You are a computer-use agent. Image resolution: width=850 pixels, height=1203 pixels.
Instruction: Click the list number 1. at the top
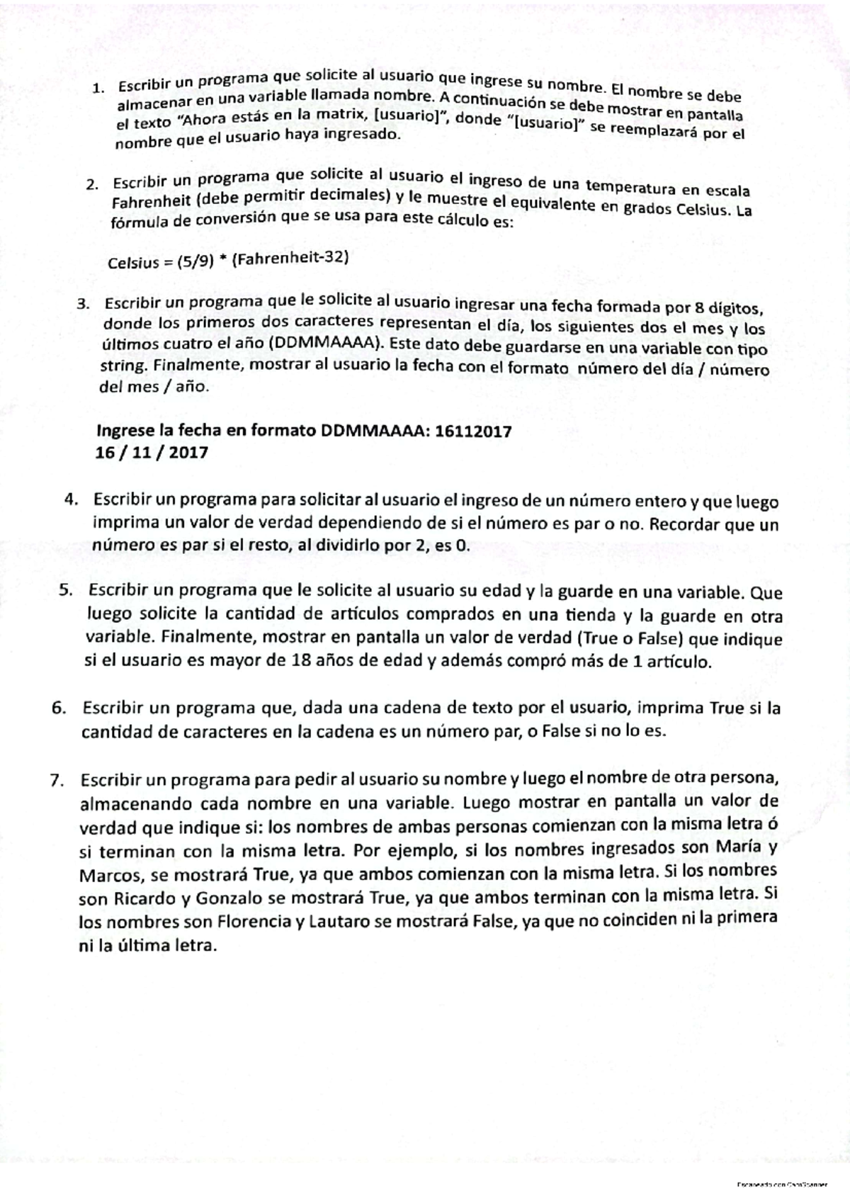(98, 89)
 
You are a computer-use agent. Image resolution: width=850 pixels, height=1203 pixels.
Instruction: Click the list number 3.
(84, 304)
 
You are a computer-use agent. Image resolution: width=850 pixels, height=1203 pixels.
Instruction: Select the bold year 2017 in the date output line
(188, 452)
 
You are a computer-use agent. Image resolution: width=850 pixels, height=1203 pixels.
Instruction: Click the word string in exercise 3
(120, 367)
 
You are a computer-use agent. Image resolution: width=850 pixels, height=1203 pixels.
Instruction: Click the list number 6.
(59, 708)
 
